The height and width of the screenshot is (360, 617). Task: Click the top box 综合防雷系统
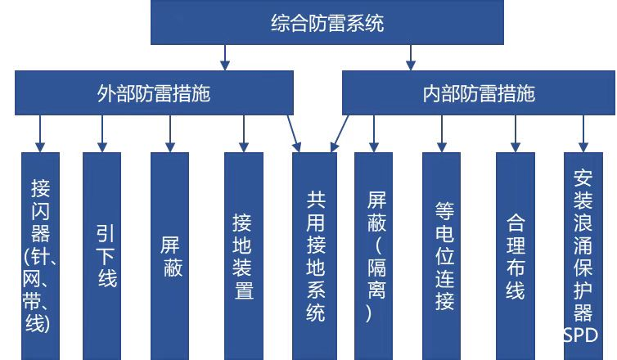[327, 24]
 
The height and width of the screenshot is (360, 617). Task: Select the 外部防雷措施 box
[153, 93]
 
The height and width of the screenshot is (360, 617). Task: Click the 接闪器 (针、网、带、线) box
[40, 255]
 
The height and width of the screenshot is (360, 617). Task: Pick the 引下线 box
[101, 255]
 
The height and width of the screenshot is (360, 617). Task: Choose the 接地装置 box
[243, 255]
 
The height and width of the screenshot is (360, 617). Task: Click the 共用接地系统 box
[315, 255]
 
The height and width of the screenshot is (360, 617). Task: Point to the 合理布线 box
[515, 255]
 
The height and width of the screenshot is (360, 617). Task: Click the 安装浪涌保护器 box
[583, 245]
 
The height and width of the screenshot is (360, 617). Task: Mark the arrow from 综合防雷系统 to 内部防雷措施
[411, 56]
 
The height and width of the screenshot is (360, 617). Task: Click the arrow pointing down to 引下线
[102, 132]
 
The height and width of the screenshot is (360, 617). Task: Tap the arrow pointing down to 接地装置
[243, 132]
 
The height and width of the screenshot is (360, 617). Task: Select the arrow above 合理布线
[515, 132]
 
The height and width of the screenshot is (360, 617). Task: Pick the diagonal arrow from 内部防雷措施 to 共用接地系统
[340, 133]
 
